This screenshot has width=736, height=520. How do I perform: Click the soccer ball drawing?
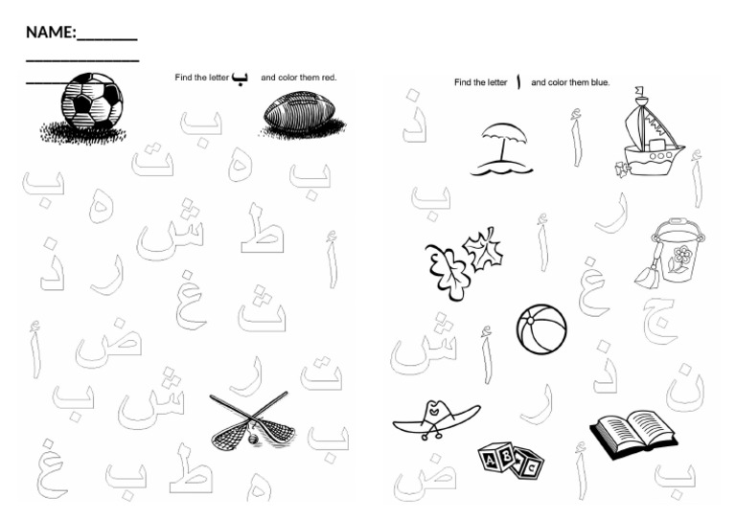(x=90, y=102)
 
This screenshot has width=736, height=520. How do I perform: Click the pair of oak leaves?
(x=462, y=260)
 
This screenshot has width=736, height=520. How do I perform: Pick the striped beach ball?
(x=541, y=329)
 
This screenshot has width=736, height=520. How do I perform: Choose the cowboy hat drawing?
(x=436, y=416)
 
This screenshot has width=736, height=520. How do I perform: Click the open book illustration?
(x=632, y=434)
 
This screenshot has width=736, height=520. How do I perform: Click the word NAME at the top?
(x=50, y=33)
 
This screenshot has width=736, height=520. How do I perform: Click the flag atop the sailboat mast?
(x=640, y=93)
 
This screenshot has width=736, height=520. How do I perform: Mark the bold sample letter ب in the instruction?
(x=240, y=79)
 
